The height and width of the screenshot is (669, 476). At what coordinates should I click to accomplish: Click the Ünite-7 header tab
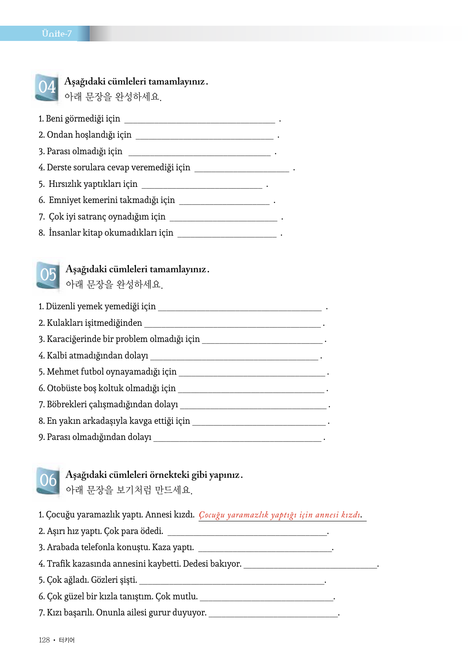pyautogui.click(x=56, y=34)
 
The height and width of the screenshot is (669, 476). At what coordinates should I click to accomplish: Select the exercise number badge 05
pyautogui.click(x=48, y=275)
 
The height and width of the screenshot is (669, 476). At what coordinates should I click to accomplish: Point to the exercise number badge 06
pyautogui.click(x=48, y=480)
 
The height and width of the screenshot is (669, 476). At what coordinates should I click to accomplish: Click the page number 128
pyautogui.click(x=44, y=640)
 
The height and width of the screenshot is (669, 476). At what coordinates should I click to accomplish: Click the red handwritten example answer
pyautogui.click(x=280, y=515)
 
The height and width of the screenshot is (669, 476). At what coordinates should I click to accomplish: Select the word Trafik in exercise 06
pyautogui.click(x=58, y=564)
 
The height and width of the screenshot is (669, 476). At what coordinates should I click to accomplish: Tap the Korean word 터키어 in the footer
pyautogui.click(x=67, y=640)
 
